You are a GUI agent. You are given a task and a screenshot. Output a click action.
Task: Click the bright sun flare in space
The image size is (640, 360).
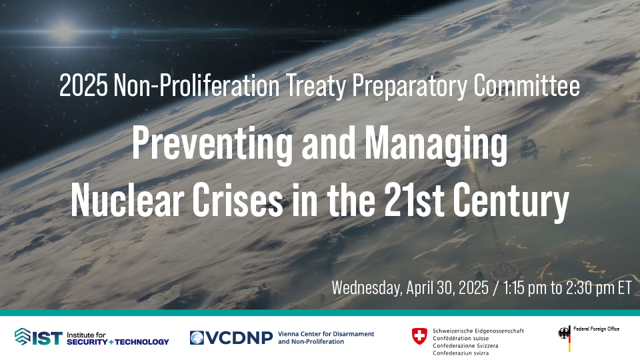pos(64,31)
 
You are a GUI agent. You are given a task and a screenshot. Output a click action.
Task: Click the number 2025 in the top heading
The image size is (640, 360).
pos(84,86)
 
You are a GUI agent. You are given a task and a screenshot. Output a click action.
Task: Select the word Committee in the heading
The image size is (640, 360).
pos(527,86)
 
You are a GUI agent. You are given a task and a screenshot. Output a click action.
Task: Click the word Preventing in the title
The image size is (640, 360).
pos(212,144)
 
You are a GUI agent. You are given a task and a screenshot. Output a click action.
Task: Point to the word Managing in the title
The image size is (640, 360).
pos(436,145)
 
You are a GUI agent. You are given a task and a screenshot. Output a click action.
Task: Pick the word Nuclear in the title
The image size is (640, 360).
pos(127,199)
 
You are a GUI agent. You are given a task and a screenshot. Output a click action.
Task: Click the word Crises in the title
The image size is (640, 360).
pos(237,199)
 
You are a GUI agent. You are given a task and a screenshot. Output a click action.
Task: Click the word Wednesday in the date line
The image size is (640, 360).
pos(366,288)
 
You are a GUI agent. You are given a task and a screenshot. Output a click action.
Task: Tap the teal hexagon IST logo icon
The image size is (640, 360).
pos(23,337)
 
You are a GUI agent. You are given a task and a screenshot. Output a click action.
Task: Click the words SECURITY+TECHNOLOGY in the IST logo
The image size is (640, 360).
pos(117,342)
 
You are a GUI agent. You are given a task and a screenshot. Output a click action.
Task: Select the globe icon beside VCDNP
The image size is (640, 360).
pos(197,337)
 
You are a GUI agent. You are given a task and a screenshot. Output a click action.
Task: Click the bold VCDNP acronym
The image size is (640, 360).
pos(239,337)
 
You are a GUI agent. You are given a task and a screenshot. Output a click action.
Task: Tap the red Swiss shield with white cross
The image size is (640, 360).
pos(419,336)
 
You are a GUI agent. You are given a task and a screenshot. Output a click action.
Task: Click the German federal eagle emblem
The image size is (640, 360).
pos(564,333)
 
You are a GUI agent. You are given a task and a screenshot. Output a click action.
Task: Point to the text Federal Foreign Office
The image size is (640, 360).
pos(596,329)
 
